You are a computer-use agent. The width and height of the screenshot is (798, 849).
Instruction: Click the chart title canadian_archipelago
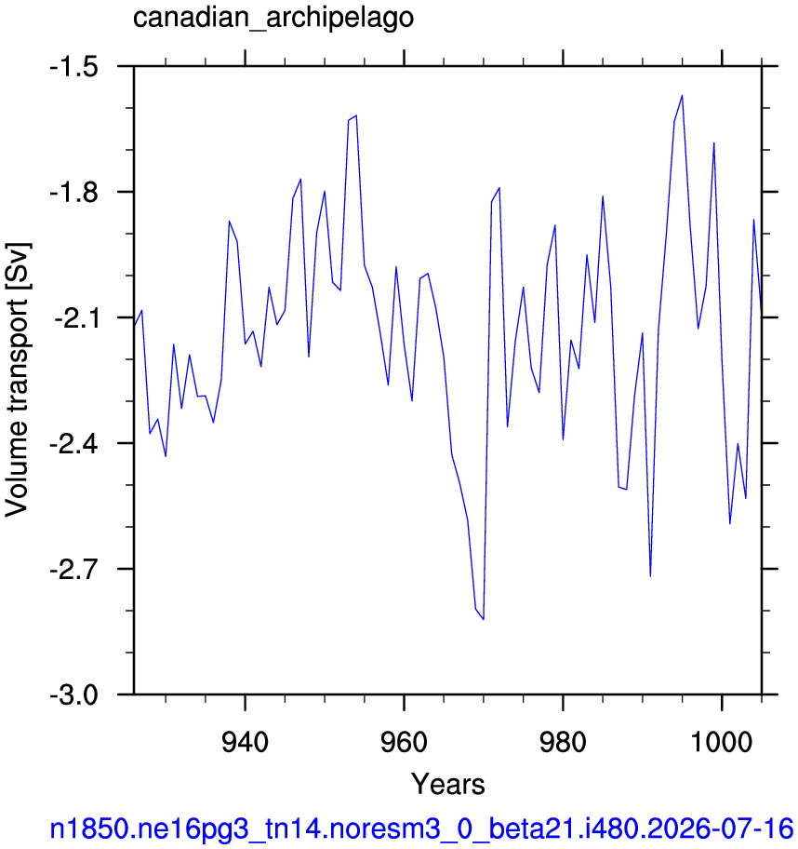(273, 19)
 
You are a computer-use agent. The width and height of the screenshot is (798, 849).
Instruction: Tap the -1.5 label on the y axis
(73, 67)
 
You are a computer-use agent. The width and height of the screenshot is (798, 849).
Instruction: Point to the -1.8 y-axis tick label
(73, 193)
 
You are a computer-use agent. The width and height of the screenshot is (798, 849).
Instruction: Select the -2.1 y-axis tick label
(75, 318)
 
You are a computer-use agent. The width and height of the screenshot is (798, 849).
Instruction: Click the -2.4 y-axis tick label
(73, 444)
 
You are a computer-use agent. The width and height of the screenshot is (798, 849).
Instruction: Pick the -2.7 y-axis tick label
(73, 570)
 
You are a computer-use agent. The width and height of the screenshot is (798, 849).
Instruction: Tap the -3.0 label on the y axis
(73, 695)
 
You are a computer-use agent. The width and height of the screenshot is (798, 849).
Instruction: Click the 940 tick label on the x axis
(246, 742)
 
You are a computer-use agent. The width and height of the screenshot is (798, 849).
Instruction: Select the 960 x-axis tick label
(405, 742)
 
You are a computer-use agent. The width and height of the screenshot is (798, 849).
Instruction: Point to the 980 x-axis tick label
(564, 742)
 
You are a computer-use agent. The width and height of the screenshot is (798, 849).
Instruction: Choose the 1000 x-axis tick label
(723, 742)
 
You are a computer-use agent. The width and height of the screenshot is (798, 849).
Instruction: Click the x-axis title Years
(448, 784)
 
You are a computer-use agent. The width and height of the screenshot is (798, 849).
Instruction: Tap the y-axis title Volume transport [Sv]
(18, 380)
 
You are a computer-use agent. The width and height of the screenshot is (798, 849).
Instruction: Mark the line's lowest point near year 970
(483, 619)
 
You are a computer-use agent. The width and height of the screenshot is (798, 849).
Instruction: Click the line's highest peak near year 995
(683, 96)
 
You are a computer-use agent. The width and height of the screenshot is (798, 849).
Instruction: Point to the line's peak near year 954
(356, 115)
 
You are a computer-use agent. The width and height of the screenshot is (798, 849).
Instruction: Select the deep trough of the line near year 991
(650, 576)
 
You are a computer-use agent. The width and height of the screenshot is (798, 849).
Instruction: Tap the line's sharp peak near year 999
(714, 143)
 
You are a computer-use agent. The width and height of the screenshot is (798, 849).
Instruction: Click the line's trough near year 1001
(730, 523)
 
